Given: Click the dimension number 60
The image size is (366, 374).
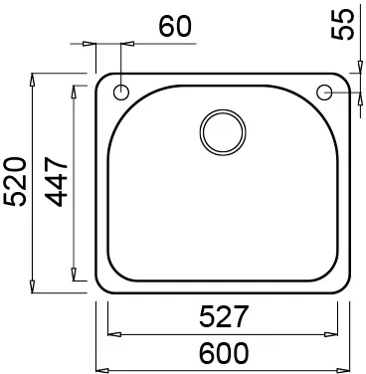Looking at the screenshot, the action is [175, 26].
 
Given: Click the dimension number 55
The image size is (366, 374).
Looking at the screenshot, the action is [343, 24].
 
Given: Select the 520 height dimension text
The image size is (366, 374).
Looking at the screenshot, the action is [15, 182].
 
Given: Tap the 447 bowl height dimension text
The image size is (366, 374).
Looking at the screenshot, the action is [57, 182].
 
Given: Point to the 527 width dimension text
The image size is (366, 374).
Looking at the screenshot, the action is [224, 316].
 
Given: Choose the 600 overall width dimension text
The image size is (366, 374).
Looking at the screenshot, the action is [224, 353].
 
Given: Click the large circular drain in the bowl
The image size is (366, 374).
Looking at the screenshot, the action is [223, 132].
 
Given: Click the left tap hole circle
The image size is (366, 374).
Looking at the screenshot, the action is [121, 92].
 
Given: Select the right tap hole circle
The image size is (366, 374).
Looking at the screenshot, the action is [324, 92].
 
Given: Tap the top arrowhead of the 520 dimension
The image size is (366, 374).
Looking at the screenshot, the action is [32, 80].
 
